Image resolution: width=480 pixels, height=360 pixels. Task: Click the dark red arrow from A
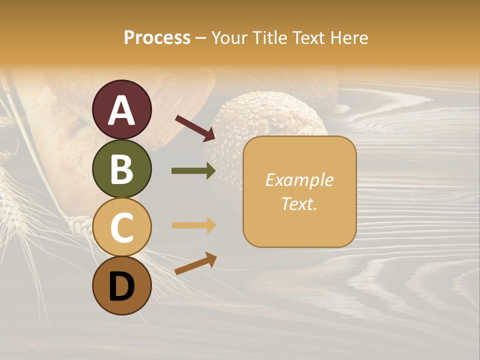[x=195, y=127]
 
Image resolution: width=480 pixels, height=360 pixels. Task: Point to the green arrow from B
[x=193, y=171]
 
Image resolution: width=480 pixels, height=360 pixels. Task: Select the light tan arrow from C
[x=193, y=225]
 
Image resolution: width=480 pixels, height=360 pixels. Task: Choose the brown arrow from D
[x=195, y=263]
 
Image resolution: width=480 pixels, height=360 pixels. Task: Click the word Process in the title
[x=157, y=38]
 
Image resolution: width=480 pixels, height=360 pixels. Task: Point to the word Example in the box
[x=299, y=180]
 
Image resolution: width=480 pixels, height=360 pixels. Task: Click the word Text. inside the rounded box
[x=299, y=203]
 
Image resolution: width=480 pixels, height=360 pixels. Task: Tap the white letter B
[x=121, y=169]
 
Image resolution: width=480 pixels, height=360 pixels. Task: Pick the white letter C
[x=121, y=227]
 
